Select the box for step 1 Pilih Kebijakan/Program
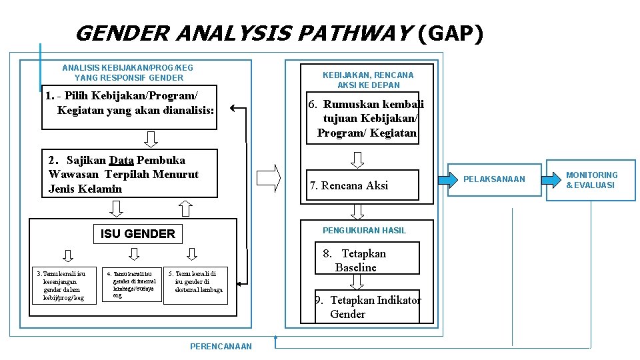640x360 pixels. point(131,107)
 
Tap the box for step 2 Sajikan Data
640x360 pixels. point(129,174)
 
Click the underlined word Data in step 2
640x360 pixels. point(121,160)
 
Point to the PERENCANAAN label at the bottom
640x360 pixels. point(221,346)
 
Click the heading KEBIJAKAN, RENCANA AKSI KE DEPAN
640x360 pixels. point(367,80)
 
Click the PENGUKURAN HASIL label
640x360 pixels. point(364,230)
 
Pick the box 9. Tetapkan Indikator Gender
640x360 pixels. point(367,307)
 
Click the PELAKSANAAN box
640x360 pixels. point(494,179)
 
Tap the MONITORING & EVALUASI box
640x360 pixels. point(591,180)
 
